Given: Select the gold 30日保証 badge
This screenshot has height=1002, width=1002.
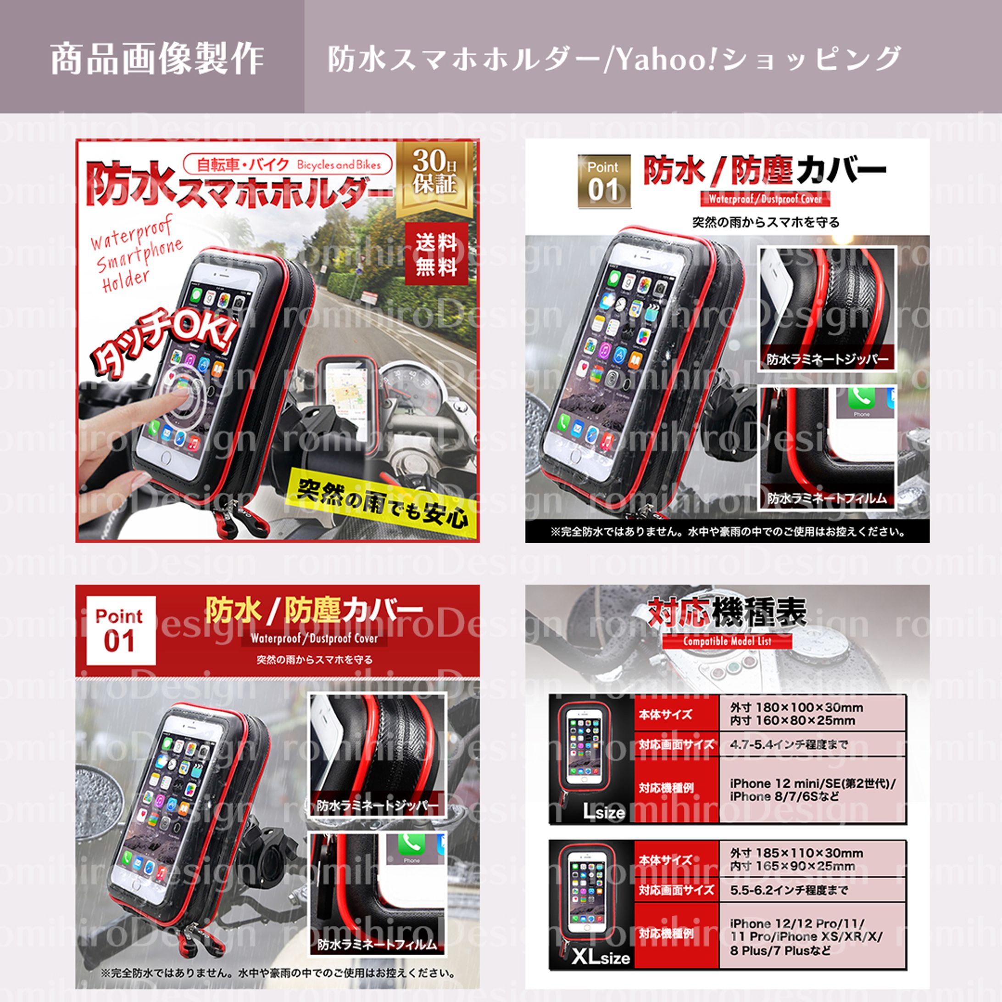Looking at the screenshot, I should click(434, 175).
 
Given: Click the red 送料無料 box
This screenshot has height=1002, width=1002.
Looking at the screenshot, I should click(436, 254).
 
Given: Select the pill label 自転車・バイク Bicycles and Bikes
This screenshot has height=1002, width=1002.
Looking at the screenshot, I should click(288, 165).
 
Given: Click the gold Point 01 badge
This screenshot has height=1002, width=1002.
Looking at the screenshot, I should click(604, 182).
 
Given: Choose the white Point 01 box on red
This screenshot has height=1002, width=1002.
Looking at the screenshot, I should click(120, 630).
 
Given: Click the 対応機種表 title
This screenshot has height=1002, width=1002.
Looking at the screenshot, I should click(727, 612).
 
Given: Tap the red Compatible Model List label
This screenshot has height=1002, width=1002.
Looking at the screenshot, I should click(727, 641).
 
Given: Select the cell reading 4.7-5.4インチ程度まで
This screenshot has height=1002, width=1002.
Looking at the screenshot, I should click(812, 745).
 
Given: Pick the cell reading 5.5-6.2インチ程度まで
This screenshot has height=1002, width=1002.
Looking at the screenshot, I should click(812, 891).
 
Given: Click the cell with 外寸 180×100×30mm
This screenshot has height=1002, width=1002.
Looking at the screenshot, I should click(812, 713).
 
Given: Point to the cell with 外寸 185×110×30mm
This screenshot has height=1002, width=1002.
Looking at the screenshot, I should click(812, 859).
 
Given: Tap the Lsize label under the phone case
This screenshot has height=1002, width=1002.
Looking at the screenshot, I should click(604, 811).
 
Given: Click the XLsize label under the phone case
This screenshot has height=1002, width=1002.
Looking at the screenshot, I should click(601, 957).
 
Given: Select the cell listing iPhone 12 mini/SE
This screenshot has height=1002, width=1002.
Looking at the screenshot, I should click(812, 790).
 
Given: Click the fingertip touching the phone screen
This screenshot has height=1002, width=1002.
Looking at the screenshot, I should click(179, 391).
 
